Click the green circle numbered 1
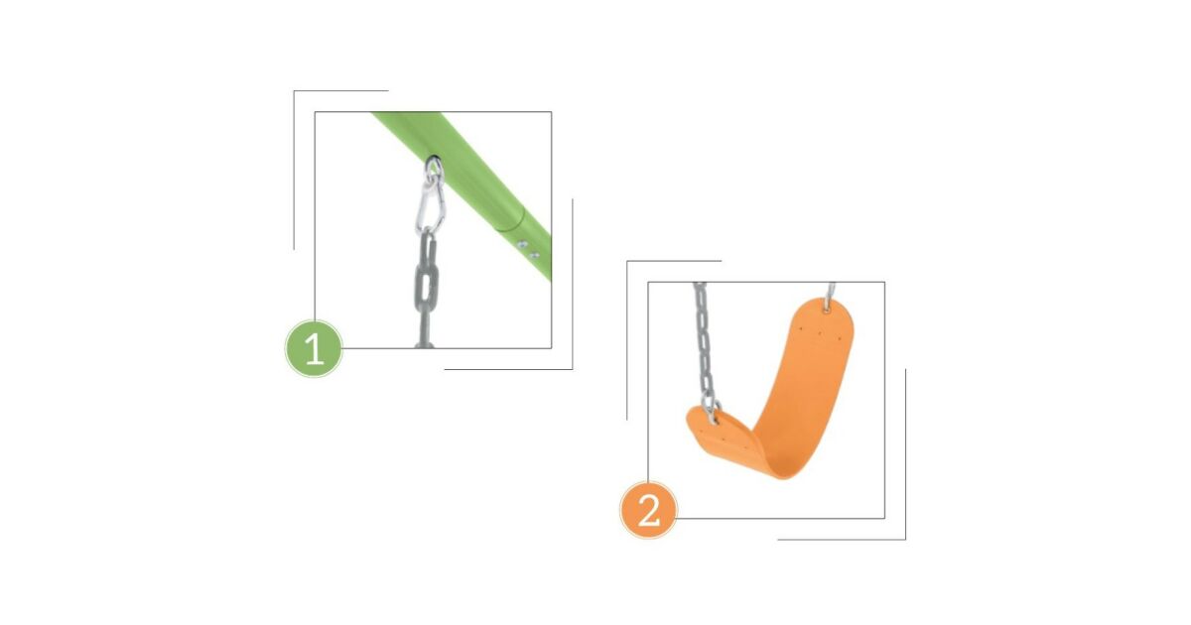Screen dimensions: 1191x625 click(314, 348)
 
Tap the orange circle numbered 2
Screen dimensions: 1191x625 click(648, 510)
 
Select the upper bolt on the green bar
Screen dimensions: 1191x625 click(522, 245)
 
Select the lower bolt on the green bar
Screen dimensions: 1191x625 click(534, 256)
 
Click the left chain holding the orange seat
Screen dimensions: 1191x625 click(705, 345)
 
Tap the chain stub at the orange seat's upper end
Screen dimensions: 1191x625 click(831, 292)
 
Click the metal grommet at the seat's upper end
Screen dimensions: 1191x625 click(827, 307)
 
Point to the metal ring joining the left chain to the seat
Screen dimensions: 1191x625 click(712, 412)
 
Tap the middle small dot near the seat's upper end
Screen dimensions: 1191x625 click(820, 334)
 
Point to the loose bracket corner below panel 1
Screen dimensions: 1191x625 click(572, 369)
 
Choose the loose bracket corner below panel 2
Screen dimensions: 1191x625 click(905, 539)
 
